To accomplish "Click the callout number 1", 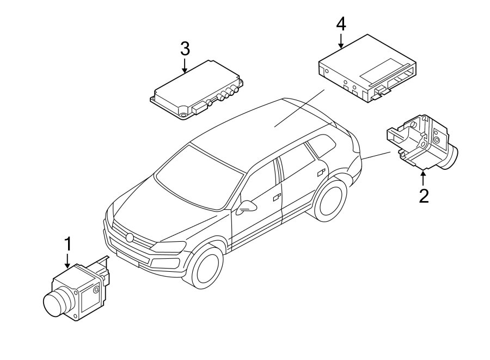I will [68, 243].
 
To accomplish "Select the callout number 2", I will [423, 195].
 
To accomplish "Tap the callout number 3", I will [185, 48].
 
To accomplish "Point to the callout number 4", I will [340, 24].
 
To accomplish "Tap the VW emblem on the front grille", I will [129, 237].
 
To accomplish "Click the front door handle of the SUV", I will [277, 197].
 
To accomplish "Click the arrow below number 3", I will [185, 65].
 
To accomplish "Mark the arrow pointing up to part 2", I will [423, 177].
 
